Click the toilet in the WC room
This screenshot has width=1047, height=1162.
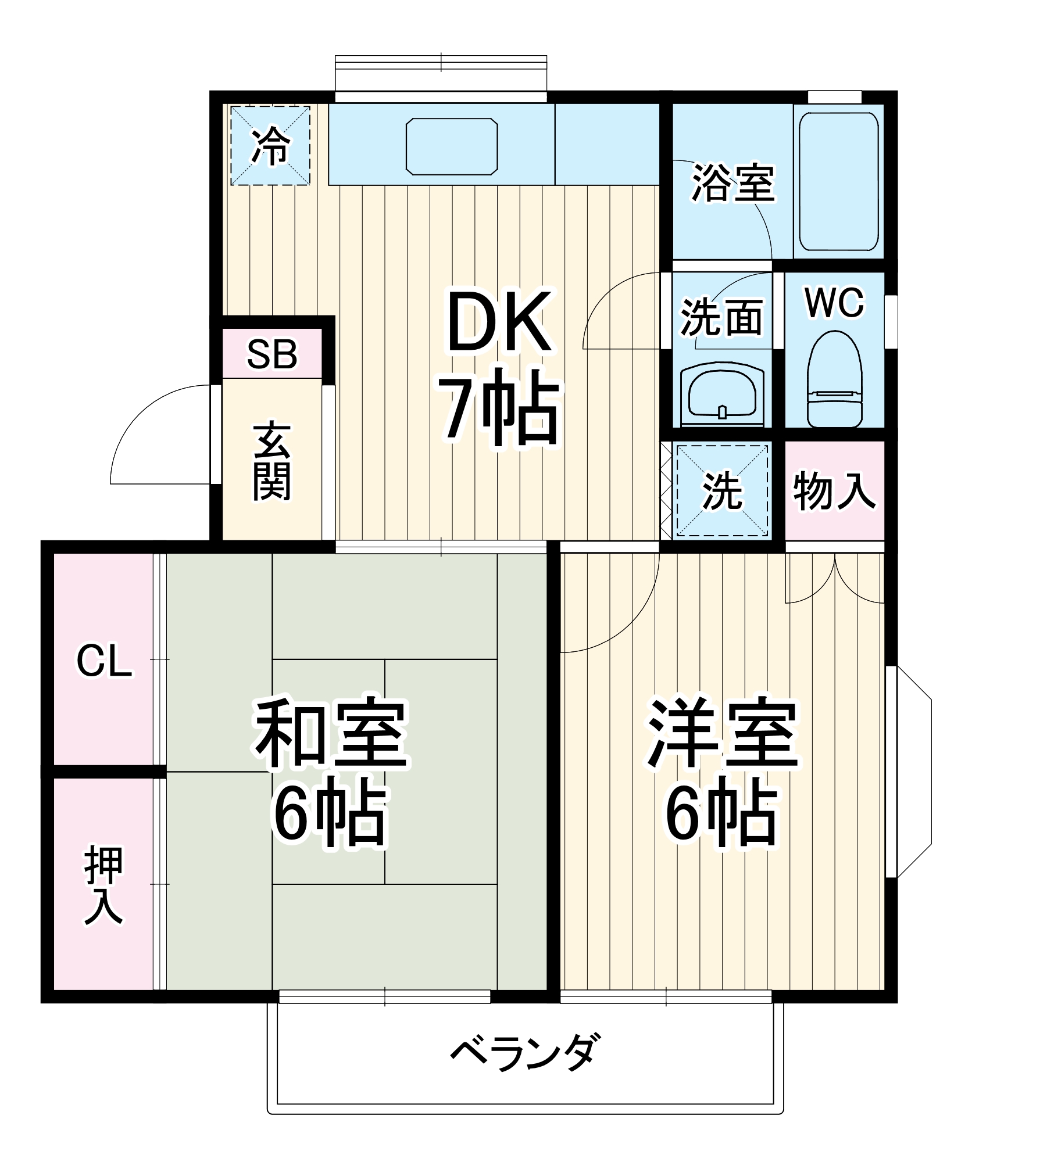tap(834, 381)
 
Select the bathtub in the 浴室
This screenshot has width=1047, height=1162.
tap(838, 181)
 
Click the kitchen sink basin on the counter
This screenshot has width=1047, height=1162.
tap(452, 146)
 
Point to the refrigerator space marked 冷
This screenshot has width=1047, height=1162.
tap(270, 145)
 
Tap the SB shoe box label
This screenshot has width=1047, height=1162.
tap(272, 354)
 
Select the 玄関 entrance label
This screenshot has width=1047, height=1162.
tap(272, 462)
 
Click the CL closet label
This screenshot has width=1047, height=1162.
tap(104, 661)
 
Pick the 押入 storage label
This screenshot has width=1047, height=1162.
tap(103, 885)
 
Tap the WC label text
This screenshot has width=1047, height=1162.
tap(834, 303)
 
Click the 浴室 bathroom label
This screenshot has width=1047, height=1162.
tap(732, 183)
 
